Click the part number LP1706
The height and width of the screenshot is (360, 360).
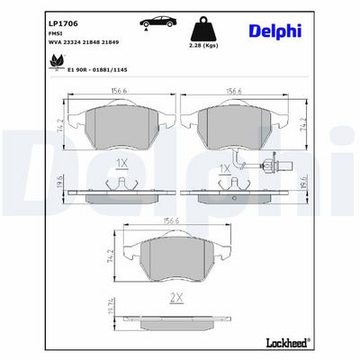(x=63, y=23)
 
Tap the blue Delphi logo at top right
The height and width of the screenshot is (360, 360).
(x=275, y=31)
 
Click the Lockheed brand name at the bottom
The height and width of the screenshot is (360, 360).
(x=288, y=342)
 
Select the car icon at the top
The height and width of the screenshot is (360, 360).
(x=158, y=22)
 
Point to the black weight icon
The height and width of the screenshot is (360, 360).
(x=203, y=30)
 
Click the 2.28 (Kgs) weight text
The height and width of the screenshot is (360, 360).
(x=204, y=46)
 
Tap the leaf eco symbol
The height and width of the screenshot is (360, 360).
(x=56, y=62)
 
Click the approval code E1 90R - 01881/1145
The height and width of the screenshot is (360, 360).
(x=97, y=69)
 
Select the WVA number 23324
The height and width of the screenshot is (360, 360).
(x=71, y=42)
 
